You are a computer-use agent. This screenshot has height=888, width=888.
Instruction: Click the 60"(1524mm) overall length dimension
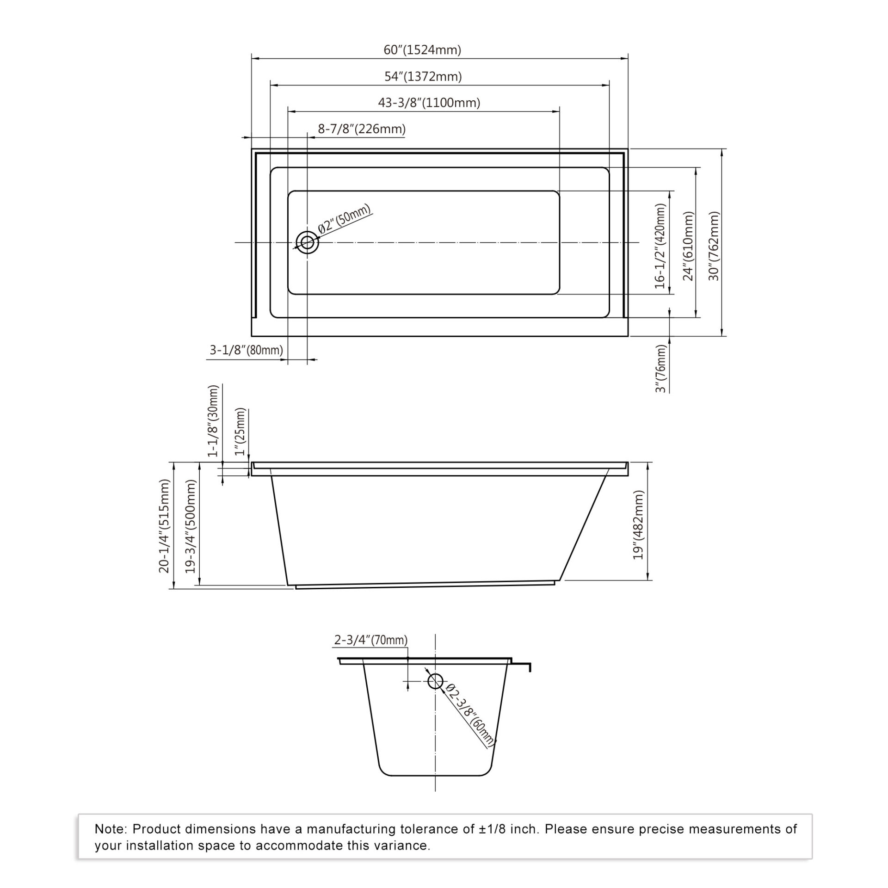(422, 50)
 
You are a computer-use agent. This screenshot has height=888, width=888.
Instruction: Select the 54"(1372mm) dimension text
(423, 76)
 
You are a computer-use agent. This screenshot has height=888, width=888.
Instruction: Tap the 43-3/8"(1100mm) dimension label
(429, 103)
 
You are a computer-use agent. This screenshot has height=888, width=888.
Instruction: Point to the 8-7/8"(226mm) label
(362, 129)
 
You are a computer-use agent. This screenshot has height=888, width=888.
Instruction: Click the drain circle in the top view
(307, 242)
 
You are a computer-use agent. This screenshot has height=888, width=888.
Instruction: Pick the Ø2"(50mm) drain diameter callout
(345, 219)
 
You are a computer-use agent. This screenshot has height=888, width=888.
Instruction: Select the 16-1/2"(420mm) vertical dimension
(660, 246)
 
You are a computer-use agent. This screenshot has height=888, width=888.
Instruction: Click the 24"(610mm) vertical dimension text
(689, 246)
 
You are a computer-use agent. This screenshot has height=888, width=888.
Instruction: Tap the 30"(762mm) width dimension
(714, 246)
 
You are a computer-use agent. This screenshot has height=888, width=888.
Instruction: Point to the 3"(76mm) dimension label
(662, 369)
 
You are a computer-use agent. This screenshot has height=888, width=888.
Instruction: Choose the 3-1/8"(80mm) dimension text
(246, 350)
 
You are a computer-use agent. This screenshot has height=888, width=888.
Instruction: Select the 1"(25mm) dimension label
(240, 432)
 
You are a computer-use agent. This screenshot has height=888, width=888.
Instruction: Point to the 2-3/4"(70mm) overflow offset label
(371, 640)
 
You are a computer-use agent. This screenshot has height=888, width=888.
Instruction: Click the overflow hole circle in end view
(435, 681)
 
